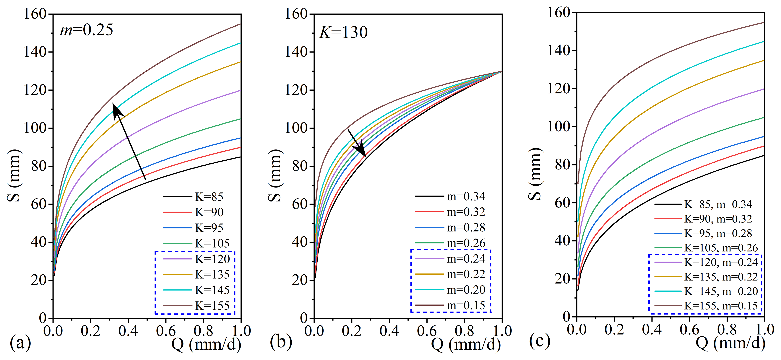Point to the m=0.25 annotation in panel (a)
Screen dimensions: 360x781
(86, 30)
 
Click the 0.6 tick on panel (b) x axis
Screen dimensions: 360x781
(427, 331)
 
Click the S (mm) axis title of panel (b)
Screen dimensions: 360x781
(275, 176)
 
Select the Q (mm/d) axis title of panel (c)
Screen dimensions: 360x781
(731, 343)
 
